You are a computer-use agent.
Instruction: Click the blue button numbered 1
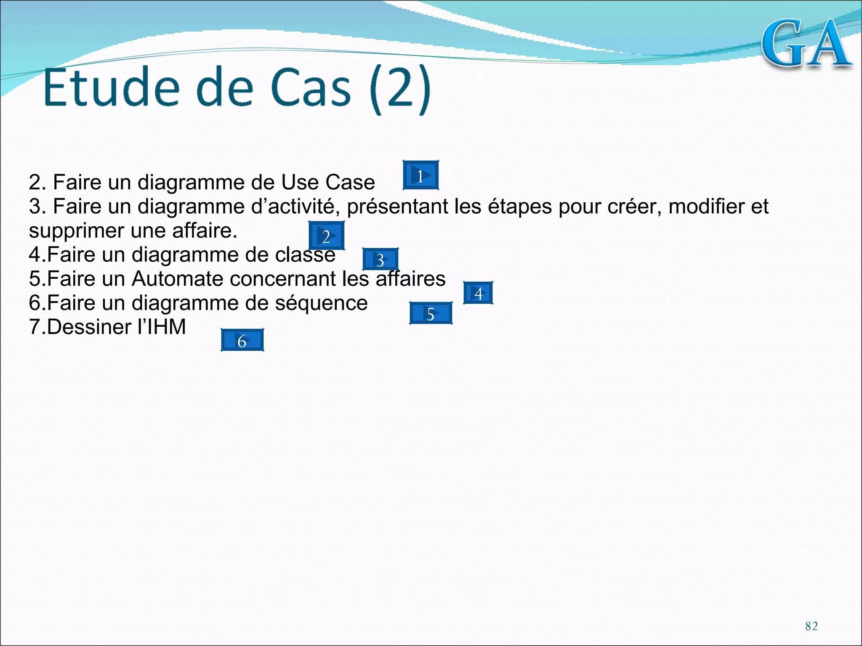coord(420,175)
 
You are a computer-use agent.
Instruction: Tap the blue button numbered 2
coord(326,236)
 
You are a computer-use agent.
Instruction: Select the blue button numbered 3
coord(380,259)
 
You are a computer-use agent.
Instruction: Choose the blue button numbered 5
coord(431,313)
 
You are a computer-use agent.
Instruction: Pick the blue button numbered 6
coord(242,340)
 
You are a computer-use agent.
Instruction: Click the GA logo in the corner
coord(807,44)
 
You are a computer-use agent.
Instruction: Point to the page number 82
coord(811,626)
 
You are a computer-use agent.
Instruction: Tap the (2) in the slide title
coord(400,89)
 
